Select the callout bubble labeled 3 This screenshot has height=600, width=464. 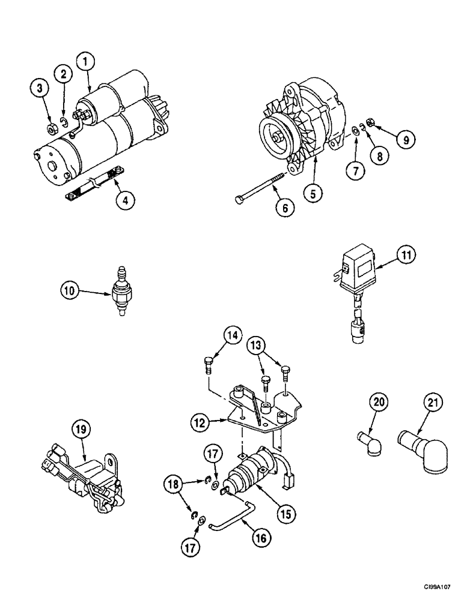pyautogui.click(x=40, y=89)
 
